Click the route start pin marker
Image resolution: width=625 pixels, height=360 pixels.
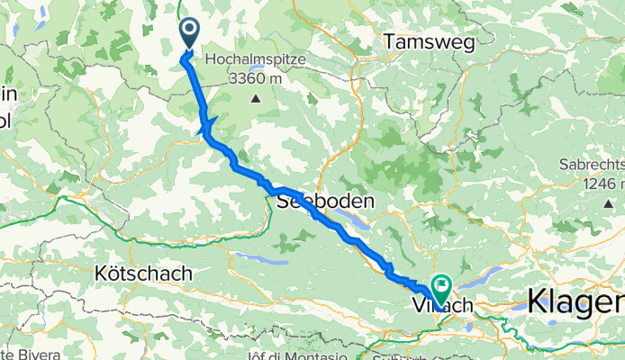coord(191,34)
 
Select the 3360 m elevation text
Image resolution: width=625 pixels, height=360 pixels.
coord(256,78)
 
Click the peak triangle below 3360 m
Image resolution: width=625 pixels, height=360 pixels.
coord(256,97)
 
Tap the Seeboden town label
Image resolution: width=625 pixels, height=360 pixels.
coord(317,202)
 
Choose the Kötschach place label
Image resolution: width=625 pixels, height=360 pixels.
coord(143,272)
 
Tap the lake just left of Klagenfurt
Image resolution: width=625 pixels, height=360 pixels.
coord(521,306)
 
